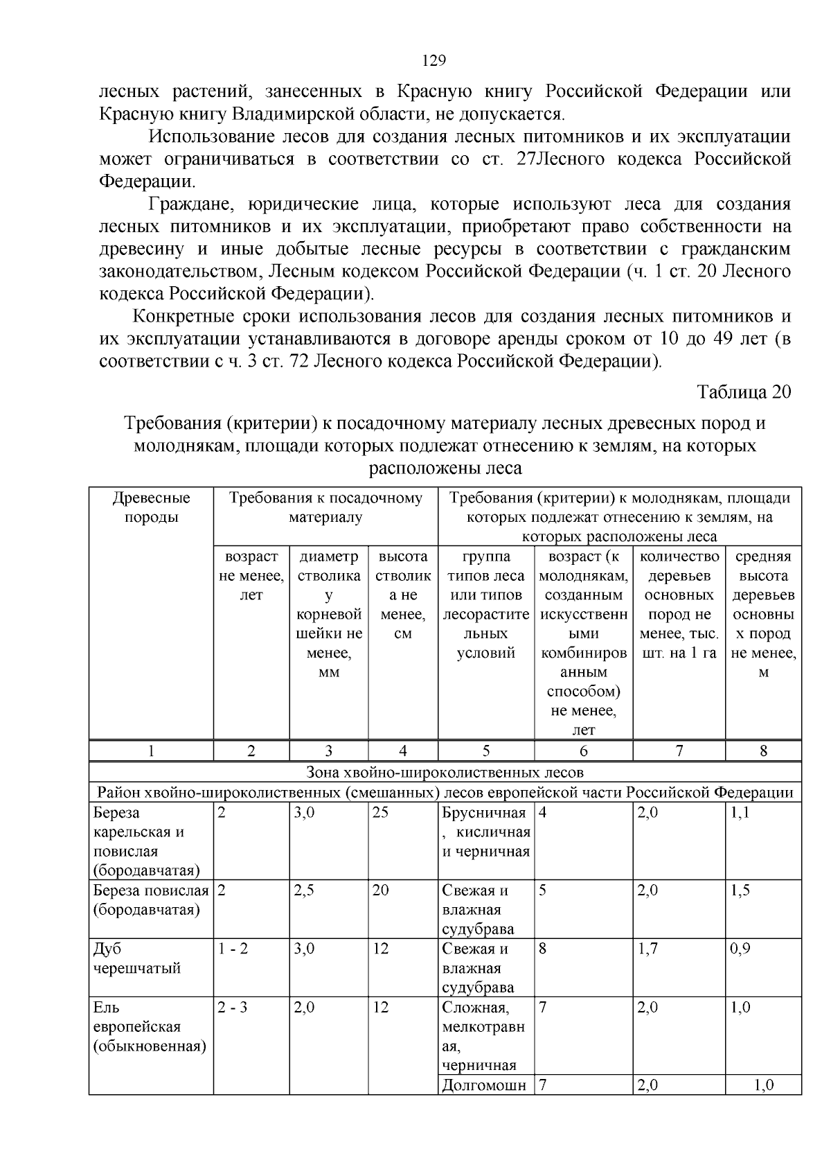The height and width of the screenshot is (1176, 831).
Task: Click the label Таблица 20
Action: coord(743,392)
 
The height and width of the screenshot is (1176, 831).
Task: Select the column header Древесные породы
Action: coord(151,507)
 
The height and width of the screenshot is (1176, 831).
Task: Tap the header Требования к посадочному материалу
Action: coord(325,507)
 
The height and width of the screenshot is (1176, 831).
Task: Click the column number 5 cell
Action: coord(486,751)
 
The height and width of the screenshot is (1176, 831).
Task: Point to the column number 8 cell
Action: coord(763,751)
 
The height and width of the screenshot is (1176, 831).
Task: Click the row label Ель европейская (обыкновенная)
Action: coord(149,1027)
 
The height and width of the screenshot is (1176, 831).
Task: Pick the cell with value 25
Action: coord(380,813)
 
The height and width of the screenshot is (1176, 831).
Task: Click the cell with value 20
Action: coord(380,890)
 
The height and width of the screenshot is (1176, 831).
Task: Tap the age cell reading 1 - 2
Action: coord(233,949)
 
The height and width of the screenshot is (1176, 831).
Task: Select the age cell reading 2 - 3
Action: coord(233,1008)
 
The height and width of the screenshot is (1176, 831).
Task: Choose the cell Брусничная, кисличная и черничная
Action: coord(486,832)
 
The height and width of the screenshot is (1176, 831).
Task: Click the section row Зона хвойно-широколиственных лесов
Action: coord(445,772)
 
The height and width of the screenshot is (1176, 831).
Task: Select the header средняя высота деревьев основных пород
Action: coord(763,614)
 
